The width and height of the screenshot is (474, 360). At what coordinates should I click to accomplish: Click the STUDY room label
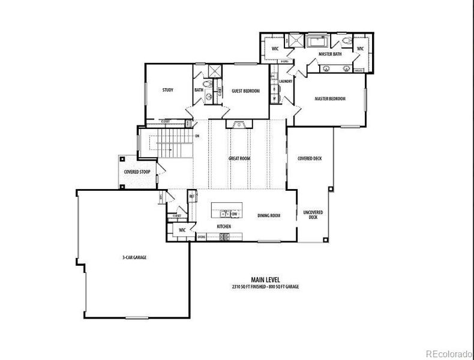[x=168, y=90]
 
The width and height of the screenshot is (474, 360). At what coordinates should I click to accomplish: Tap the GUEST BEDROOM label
[x=246, y=91]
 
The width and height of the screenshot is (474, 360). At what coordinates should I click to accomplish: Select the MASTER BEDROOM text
[x=330, y=98]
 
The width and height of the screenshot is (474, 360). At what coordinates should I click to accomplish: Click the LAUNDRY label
[x=285, y=81]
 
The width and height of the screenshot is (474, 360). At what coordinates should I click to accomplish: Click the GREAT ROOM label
[x=239, y=158]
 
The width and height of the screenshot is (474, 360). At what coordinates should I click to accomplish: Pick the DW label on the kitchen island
[x=235, y=214]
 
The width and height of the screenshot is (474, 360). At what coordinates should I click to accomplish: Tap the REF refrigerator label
[x=192, y=196]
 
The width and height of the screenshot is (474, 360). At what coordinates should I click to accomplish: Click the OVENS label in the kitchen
[x=202, y=237]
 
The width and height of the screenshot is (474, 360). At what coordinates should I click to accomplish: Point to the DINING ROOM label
[x=269, y=215]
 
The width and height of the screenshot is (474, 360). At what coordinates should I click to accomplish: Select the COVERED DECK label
[x=310, y=158]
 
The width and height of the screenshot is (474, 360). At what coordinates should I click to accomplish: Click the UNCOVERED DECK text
[x=313, y=215]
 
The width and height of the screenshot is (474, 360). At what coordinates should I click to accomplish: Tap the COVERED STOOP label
[x=137, y=172]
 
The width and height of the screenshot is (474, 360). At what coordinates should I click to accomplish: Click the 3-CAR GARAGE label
[x=134, y=257]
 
